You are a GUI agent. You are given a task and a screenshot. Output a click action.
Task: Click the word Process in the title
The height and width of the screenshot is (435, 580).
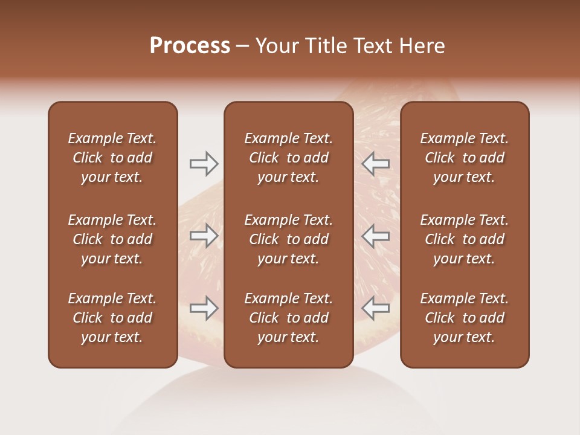click(190, 46)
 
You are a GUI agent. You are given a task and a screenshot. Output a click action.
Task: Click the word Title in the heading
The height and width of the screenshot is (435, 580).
click(325, 46)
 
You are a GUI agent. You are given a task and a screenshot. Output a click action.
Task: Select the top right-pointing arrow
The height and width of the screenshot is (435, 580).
click(204, 163)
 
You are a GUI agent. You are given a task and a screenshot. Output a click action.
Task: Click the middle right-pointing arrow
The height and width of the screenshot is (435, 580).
click(204, 236)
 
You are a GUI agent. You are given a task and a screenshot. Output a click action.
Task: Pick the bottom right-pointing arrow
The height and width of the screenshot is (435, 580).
click(204, 308)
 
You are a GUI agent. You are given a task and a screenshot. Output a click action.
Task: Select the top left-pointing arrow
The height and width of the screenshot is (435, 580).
click(376, 163)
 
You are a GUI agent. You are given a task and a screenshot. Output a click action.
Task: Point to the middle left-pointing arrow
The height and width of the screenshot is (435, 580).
click(376, 236)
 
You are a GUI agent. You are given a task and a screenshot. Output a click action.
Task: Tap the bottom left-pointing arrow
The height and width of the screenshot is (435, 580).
click(376, 308)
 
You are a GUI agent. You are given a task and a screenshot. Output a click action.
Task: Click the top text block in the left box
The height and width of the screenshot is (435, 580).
click(112, 158)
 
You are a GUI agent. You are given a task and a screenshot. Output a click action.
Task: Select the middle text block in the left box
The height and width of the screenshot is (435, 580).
click(112, 239)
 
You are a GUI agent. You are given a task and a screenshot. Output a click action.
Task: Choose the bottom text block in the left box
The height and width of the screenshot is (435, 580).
click(112, 318)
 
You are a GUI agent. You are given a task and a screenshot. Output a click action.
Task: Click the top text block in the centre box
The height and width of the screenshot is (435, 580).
click(289, 158)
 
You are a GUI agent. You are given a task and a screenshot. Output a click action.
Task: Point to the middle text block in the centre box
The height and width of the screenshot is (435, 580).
click(289, 239)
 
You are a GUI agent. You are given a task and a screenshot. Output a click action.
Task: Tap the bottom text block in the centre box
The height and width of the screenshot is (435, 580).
click(289, 318)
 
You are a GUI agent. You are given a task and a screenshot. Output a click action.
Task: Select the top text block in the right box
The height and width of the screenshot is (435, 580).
click(465, 158)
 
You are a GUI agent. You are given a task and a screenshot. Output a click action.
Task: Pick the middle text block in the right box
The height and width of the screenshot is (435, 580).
click(465, 239)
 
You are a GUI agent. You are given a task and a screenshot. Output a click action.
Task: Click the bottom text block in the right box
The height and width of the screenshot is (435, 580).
click(465, 318)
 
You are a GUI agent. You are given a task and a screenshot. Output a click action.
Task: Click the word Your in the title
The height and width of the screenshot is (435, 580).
click(276, 46)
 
